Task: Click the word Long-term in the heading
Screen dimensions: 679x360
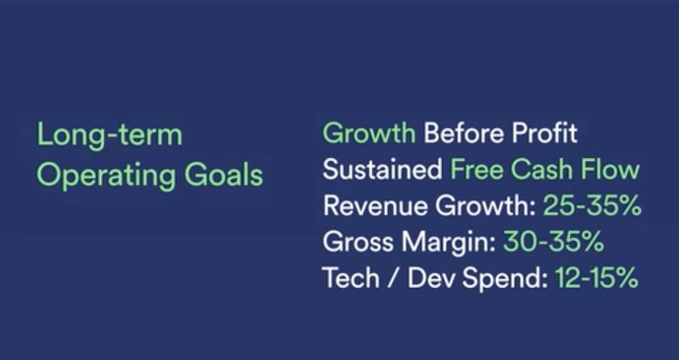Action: coord(109,135)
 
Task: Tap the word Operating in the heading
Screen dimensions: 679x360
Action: coord(106,176)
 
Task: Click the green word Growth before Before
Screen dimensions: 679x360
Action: coord(369,133)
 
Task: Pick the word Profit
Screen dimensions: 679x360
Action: coord(545,132)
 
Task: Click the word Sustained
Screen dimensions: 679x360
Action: coord(382,169)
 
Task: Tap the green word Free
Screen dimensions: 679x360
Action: coord(477,169)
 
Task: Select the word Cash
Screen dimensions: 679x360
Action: coord(541,169)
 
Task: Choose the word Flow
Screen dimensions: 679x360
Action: coord(610,169)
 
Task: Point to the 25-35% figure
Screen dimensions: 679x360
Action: coord(592,205)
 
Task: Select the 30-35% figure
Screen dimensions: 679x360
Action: coord(553,242)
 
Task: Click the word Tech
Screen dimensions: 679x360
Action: coord(351,278)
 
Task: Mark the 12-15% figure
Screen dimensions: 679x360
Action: coord(597,278)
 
